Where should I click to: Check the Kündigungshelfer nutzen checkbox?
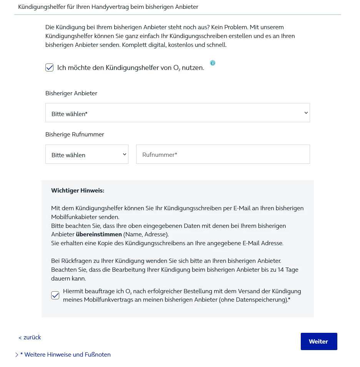[50, 68]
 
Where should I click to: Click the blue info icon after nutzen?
[213, 63]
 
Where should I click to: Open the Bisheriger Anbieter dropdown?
[177, 113]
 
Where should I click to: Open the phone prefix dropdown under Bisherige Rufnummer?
[87, 154]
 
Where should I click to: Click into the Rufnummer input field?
[223, 154]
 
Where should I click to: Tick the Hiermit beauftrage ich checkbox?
[55, 295]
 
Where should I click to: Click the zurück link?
[30, 337]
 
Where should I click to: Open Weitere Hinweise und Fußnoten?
[65, 355]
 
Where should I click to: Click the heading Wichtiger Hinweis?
[78, 191]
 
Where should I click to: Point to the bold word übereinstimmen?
[99, 234]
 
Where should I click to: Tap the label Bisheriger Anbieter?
[71, 93]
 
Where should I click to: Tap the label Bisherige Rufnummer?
[75, 135]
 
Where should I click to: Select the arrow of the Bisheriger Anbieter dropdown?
[306, 113]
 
